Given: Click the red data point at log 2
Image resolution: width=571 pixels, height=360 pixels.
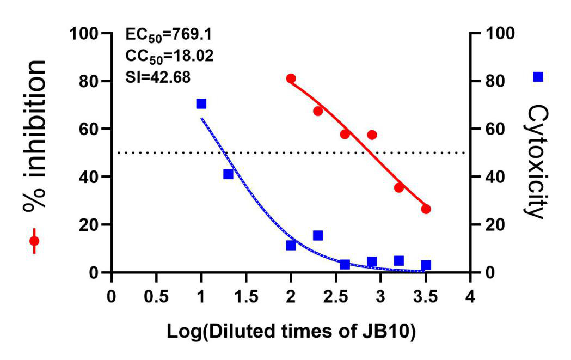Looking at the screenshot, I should coord(291,78).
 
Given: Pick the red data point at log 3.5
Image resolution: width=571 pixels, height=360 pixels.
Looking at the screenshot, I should coord(426,209).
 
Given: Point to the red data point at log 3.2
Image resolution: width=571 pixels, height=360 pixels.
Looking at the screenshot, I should coord(399,187).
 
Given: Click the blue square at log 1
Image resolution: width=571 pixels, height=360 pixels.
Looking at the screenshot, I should coord(201,103).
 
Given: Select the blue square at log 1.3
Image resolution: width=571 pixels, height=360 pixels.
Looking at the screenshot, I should coord(228,174).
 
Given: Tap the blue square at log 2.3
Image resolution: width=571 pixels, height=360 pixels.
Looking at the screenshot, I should coord(318,235).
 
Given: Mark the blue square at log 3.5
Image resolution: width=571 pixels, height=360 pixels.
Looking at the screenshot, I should coord(426,265).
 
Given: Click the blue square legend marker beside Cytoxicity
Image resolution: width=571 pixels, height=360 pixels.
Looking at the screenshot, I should coord(538,77).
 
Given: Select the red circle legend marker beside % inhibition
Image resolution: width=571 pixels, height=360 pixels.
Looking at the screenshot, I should coord(34,241).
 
